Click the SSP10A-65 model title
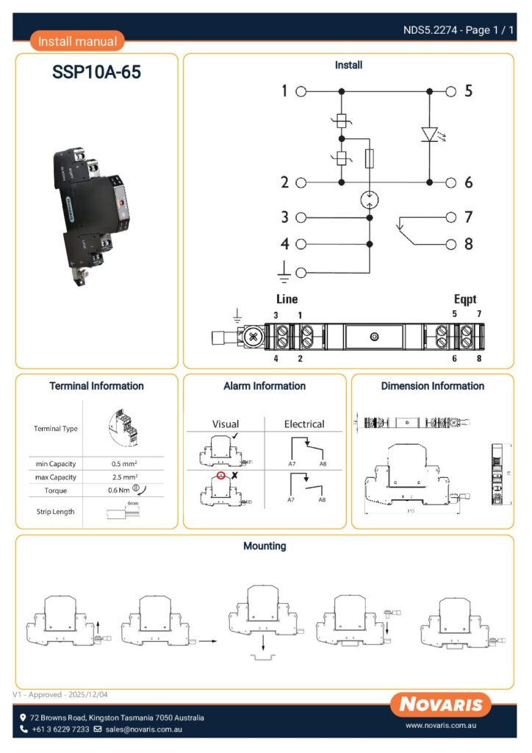tap(96, 73)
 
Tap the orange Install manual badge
tap(77, 41)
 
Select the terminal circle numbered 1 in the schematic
tap(301, 92)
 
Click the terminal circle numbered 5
tap(451, 92)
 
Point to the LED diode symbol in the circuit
tap(430, 134)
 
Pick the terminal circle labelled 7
tap(451, 217)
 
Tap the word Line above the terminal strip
tap(287, 299)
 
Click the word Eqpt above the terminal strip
tap(464, 299)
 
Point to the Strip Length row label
tap(55, 512)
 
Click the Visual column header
tap(226, 424)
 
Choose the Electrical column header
tap(304, 424)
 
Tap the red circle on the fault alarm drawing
tap(220, 475)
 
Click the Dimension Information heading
tap(432, 386)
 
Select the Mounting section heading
tap(265, 546)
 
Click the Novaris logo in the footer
tap(441, 704)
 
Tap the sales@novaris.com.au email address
tap(143, 729)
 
